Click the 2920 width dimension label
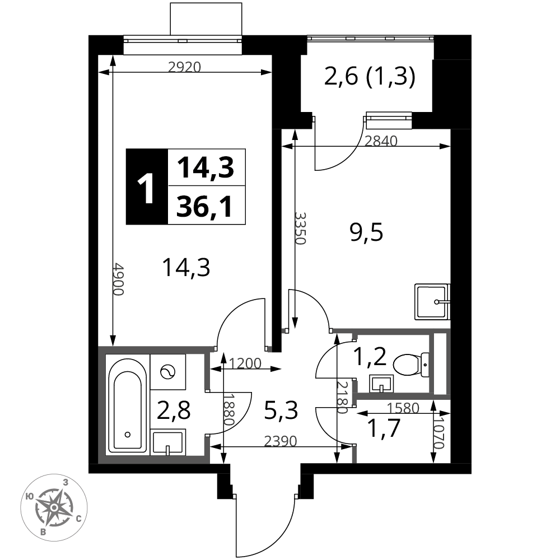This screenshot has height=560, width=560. tap(185, 67)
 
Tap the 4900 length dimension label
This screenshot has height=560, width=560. tap(118, 279)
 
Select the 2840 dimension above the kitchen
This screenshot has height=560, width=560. tap(381, 142)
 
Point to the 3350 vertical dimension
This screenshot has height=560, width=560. tap(301, 228)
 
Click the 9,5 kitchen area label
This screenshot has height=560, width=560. tap(366, 233)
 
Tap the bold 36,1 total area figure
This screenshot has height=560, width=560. tap(204, 207)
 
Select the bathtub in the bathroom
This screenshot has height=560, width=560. tap(127, 404)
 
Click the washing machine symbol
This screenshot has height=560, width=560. tap(168, 372)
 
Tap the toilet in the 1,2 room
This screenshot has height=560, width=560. tap(411, 365)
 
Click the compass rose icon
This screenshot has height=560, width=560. tap(54, 507)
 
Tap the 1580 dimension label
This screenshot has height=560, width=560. tap(403, 408)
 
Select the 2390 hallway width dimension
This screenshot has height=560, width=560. tap(281, 441)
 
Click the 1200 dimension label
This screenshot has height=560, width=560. tap(245, 363)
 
